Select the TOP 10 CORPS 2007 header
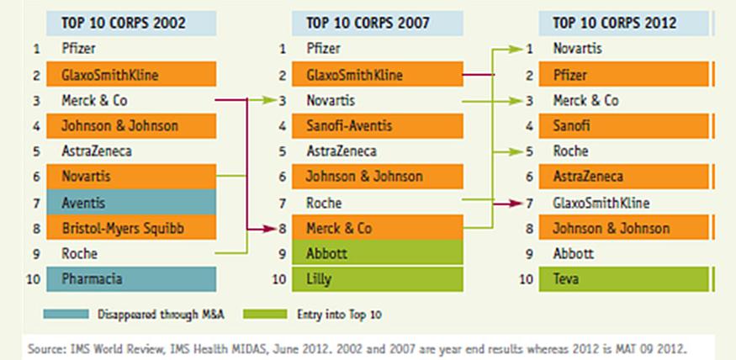point(378,23)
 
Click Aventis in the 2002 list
point(85,203)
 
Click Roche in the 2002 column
point(81,253)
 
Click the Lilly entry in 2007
point(321,278)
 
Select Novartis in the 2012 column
point(578,49)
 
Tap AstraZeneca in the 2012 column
point(589,177)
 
